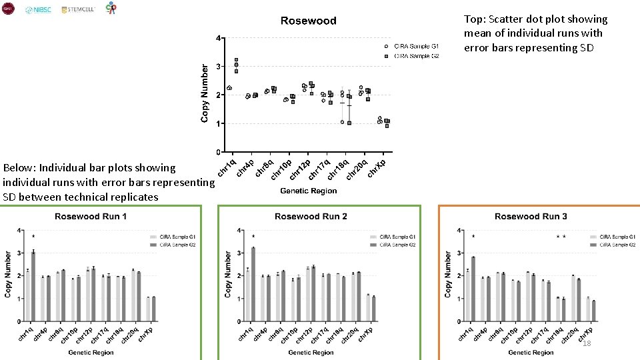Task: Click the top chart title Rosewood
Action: click(308, 21)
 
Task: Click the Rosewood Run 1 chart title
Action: click(91, 216)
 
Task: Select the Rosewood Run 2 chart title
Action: click(311, 216)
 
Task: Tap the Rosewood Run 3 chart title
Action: click(531, 216)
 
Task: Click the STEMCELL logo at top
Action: click(78, 10)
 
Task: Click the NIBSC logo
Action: click(38, 10)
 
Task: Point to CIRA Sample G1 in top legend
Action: click(416, 46)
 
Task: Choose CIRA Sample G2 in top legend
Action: click(416, 56)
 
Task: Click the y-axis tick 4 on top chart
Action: click(218, 38)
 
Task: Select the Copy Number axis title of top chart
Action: click(205, 93)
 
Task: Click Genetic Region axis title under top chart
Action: click(308, 191)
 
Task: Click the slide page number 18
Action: click(587, 343)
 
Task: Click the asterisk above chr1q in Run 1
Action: click(33, 237)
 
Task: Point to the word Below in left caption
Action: click(19, 167)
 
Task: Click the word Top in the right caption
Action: click(474, 19)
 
